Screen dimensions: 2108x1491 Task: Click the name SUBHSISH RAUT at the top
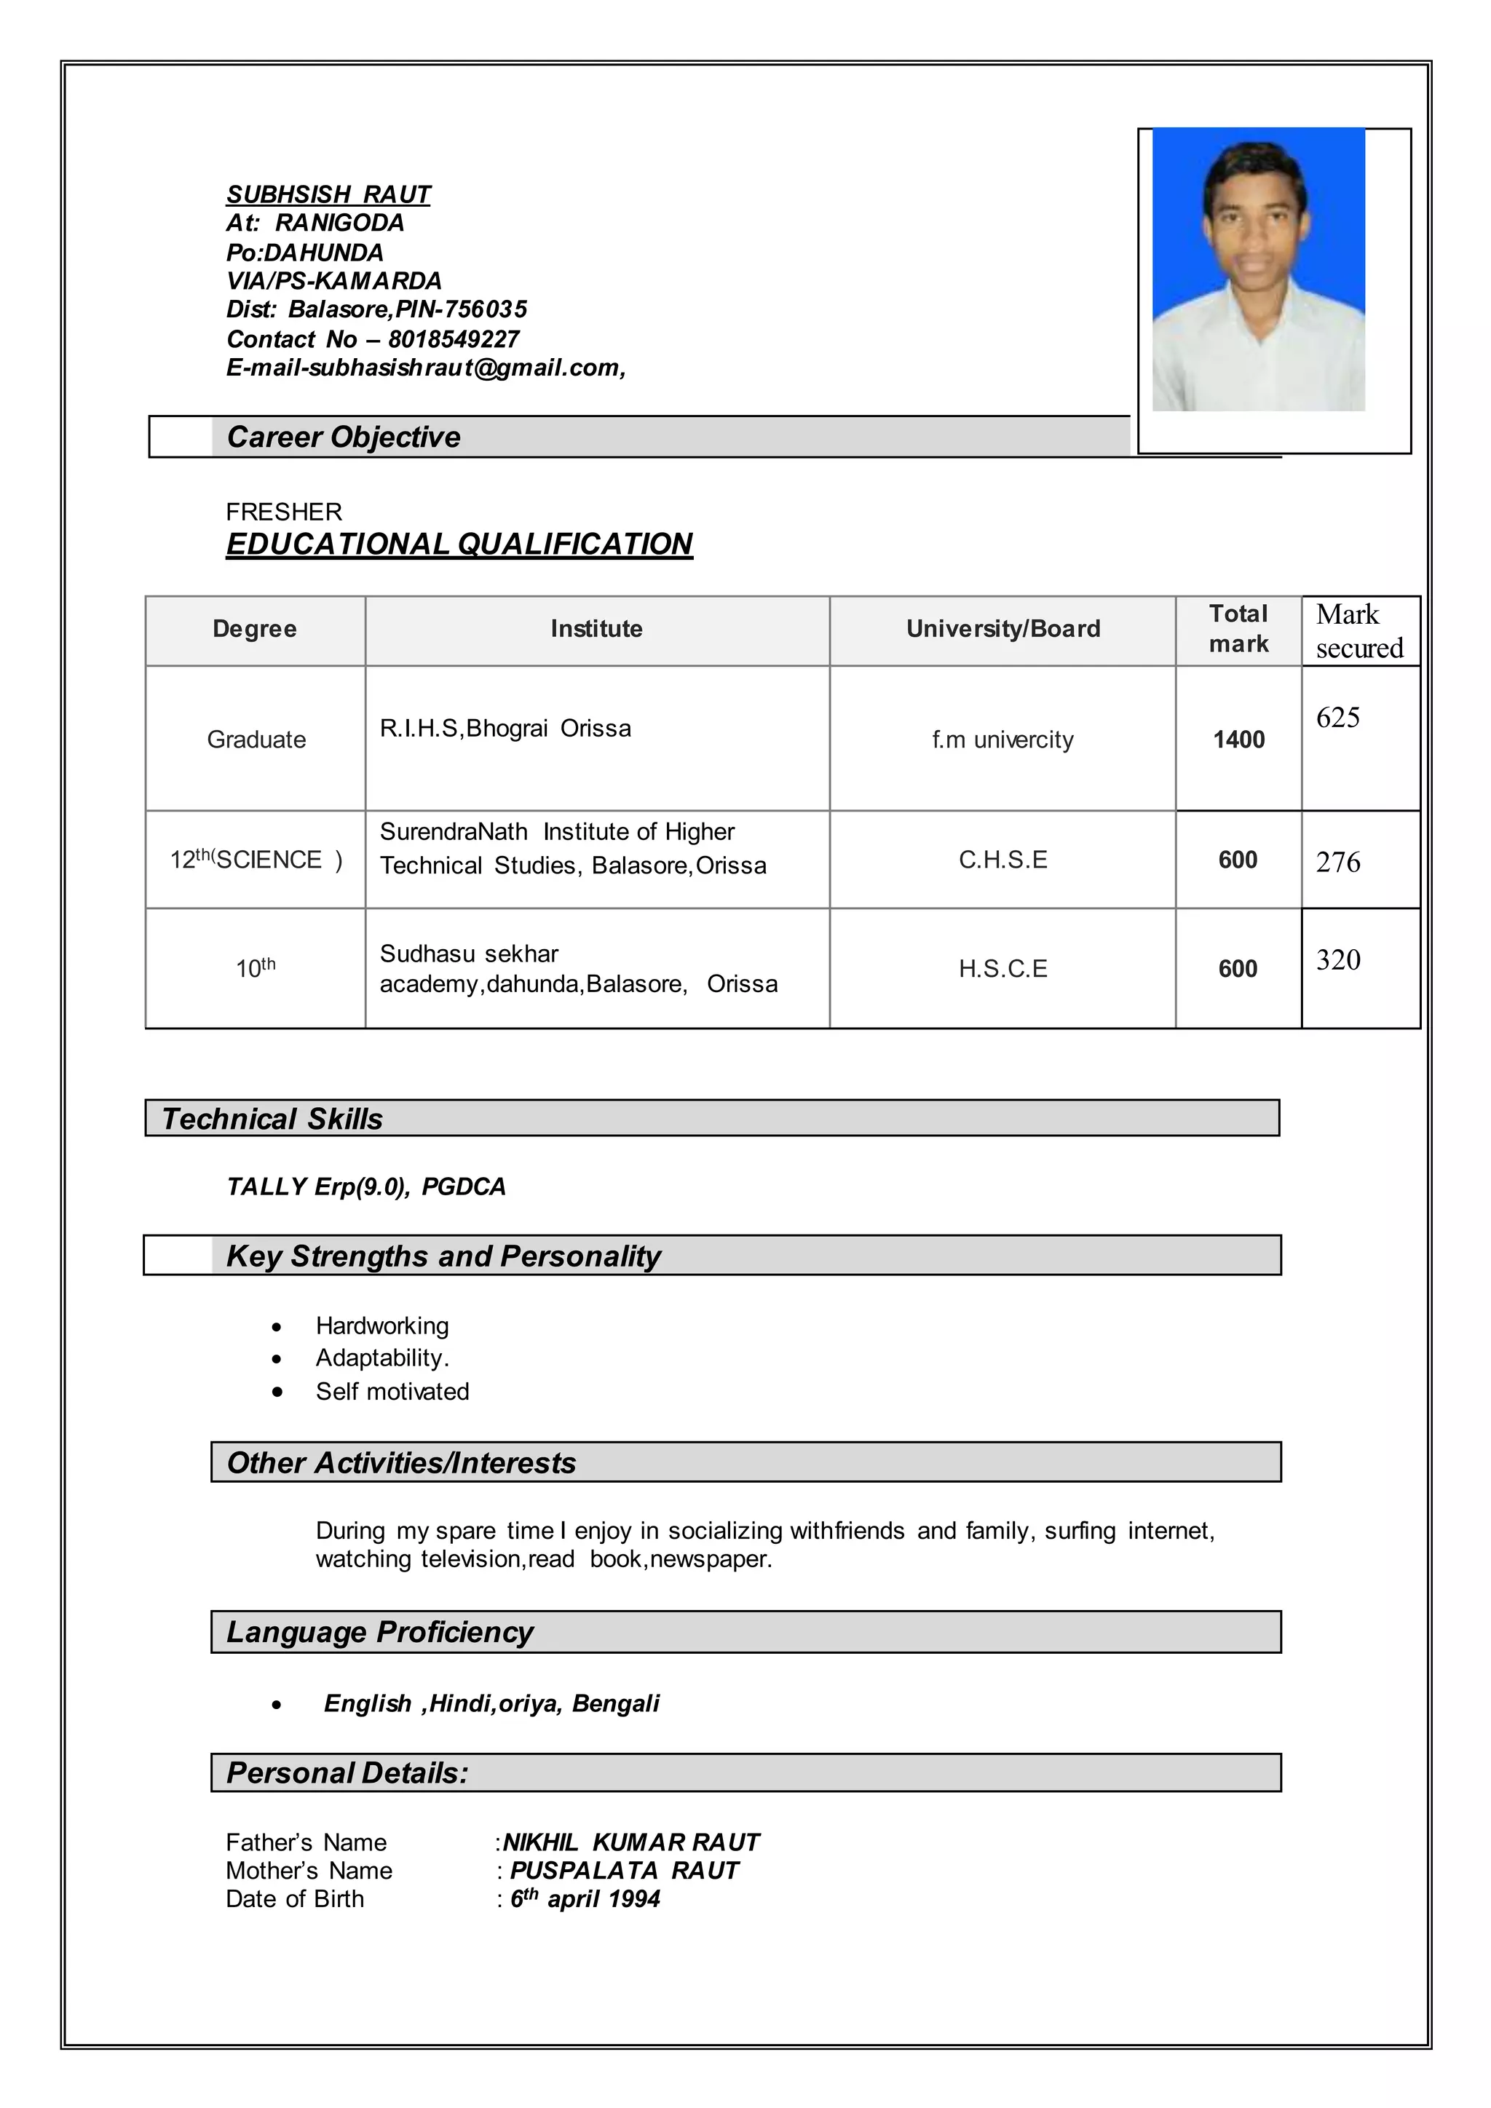click(328, 194)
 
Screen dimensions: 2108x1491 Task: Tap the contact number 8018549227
click(454, 340)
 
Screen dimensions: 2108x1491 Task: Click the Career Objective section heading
click(344, 437)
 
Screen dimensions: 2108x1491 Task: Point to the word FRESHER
click(284, 512)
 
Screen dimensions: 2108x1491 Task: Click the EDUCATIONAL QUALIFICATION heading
click(459, 544)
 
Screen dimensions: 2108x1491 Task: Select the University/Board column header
click(1002, 629)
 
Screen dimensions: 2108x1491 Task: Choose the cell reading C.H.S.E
click(1002, 860)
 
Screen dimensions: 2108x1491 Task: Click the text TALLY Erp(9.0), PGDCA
click(365, 1187)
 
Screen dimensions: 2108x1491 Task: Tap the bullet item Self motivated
click(392, 1392)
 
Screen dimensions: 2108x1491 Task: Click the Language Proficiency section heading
click(379, 1633)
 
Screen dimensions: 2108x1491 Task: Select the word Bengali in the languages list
click(615, 1704)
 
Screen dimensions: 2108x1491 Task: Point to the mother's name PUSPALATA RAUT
click(625, 1871)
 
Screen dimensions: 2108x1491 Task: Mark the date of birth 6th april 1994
click(585, 1900)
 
